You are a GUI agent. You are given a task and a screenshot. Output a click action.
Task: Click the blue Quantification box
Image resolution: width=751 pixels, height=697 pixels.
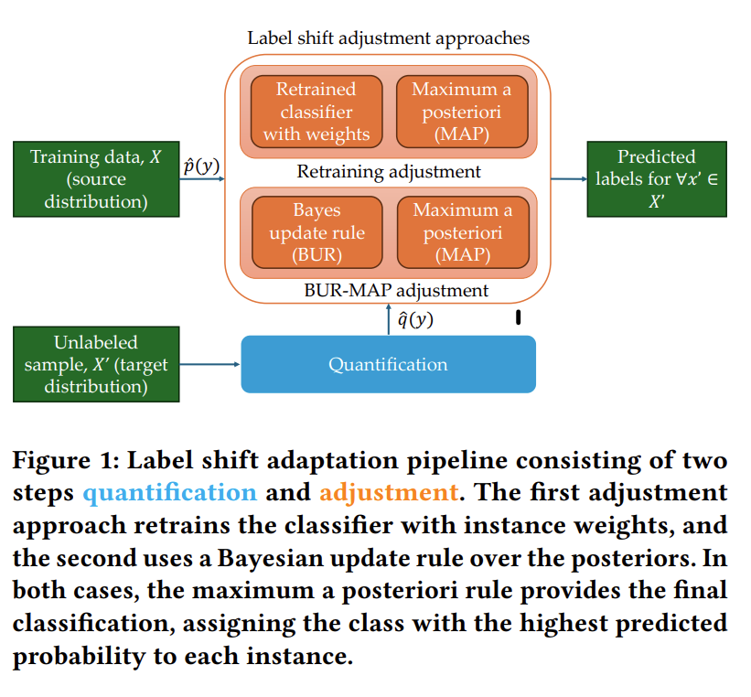(389, 364)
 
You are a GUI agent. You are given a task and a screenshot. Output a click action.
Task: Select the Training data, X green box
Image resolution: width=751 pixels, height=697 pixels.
(96, 179)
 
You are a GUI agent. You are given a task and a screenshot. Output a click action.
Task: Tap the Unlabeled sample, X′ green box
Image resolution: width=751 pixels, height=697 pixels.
(96, 364)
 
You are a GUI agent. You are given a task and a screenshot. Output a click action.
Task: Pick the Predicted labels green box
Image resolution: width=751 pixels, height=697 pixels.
(657, 179)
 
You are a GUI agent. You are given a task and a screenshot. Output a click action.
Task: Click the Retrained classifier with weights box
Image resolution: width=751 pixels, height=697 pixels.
(316, 112)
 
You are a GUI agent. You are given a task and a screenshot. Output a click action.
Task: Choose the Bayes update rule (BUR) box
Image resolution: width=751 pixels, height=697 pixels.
(317, 232)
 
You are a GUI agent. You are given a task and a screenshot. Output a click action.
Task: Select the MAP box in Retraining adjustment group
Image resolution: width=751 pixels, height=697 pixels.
(462, 112)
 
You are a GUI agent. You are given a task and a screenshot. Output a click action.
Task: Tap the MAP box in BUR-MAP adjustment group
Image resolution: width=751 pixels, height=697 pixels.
(463, 232)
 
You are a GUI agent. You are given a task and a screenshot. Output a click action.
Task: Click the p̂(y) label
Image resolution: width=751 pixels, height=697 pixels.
(201, 166)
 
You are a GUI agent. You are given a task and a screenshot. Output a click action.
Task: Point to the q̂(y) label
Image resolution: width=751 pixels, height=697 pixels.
(415, 319)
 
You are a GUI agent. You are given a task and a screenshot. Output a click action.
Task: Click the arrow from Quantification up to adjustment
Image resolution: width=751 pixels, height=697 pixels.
(389, 319)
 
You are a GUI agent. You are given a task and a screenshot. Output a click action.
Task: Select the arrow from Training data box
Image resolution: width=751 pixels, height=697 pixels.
(202, 179)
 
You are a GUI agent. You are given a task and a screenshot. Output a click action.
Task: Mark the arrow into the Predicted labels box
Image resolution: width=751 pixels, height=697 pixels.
(569, 179)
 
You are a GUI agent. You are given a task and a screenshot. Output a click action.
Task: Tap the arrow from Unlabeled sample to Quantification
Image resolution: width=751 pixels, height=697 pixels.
(209, 364)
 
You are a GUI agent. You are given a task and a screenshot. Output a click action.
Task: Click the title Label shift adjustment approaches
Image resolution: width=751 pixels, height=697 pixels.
(389, 38)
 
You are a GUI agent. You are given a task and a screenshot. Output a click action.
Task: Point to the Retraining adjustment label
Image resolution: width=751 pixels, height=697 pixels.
(389, 171)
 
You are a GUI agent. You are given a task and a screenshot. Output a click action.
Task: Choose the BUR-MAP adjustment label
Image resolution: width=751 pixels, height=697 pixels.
(396, 290)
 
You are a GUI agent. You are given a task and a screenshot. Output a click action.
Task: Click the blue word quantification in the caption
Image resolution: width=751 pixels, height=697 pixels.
(170, 492)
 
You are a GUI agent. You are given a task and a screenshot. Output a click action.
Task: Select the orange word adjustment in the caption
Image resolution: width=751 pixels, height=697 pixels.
(389, 492)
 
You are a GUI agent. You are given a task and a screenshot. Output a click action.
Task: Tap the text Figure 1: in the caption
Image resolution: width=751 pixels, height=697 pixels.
(66, 460)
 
